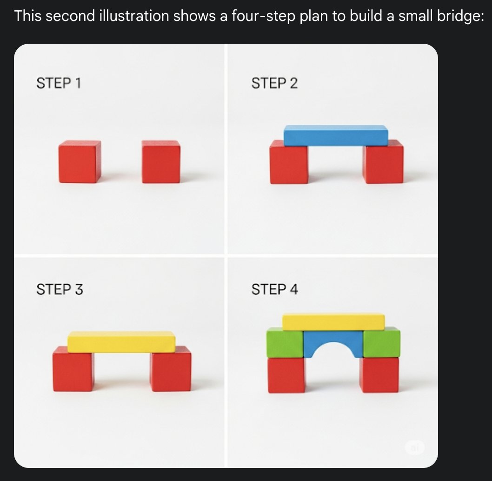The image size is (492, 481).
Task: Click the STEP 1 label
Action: tap(59, 83)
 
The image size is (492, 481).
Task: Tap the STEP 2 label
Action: tap(274, 83)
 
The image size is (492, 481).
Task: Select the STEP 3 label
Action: tap(60, 289)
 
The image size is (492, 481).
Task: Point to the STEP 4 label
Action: tap(274, 289)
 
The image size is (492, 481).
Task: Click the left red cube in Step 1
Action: tap(80, 161)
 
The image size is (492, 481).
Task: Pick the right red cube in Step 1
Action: tap(161, 161)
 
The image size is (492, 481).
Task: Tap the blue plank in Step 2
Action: tap(336, 135)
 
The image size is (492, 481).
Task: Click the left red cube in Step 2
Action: tap(289, 163)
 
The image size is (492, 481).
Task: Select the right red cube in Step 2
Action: tap(383, 163)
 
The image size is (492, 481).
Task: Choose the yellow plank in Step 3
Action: tap(121, 341)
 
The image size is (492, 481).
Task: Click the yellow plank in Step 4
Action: tap(333, 322)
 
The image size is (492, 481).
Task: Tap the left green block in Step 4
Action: tap(285, 342)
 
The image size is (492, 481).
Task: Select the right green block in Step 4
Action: tap(381, 342)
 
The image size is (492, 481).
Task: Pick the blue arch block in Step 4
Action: tap(333, 337)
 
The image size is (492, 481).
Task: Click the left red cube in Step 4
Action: tap(286, 375)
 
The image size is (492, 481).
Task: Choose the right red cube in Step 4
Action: tap(379, 375)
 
